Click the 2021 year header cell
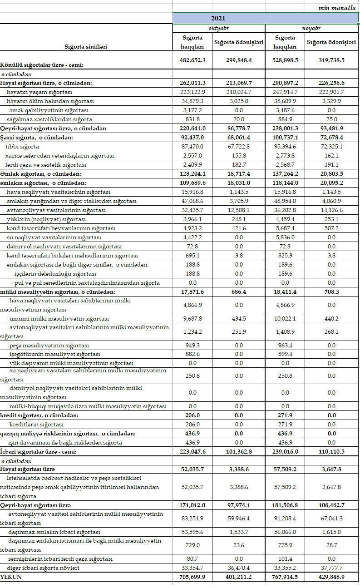218,19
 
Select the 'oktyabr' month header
218,28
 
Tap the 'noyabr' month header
311,28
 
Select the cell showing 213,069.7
239,83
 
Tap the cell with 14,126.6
331,210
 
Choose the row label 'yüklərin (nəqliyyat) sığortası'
46,219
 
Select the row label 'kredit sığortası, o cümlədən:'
39,415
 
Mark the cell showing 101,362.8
239,452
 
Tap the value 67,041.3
331,518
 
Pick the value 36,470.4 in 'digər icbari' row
239,568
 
